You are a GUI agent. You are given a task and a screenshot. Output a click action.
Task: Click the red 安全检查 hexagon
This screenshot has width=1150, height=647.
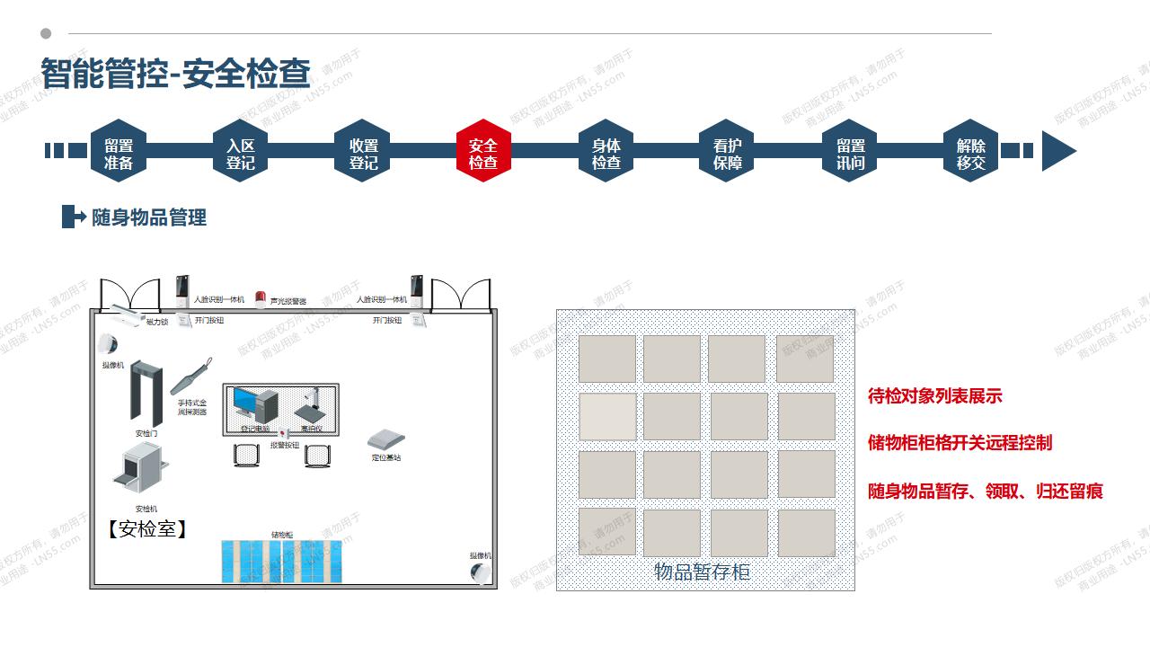coord(483,151)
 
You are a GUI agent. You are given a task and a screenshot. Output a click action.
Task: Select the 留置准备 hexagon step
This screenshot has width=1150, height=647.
coord(119,151)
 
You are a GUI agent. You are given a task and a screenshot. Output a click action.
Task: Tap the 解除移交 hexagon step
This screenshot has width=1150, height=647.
coord(971,151)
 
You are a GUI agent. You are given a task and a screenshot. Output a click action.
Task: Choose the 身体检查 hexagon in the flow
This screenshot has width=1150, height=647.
coord(606,151)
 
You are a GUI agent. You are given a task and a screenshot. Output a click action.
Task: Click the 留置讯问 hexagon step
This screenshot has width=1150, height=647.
coord(850,151)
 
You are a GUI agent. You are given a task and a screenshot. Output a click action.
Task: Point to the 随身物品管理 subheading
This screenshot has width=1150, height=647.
coord(149,217)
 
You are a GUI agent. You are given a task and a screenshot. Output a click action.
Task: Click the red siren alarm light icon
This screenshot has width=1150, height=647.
coord(261,299)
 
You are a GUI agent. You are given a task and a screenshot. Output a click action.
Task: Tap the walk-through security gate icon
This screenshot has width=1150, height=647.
coord(146,394)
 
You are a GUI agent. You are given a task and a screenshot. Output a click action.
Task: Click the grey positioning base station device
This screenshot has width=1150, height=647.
coord(385,439)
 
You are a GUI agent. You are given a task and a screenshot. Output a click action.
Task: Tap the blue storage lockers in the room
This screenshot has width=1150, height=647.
coord(281,560)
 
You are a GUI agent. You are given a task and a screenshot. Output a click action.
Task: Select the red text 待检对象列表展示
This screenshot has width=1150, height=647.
coord(934,395)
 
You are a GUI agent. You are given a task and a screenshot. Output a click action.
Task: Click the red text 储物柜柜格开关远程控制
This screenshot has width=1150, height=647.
coord(960,443)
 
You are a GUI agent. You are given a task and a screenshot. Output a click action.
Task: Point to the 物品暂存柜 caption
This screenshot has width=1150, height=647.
coord(702,572)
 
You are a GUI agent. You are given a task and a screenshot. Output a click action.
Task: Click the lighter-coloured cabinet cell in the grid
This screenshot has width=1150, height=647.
coord(607,416)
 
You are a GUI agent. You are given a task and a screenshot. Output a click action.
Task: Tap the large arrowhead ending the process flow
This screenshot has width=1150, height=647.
coord(1058,151)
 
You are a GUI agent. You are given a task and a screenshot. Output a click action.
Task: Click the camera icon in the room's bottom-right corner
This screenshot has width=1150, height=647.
coord(482,572)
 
